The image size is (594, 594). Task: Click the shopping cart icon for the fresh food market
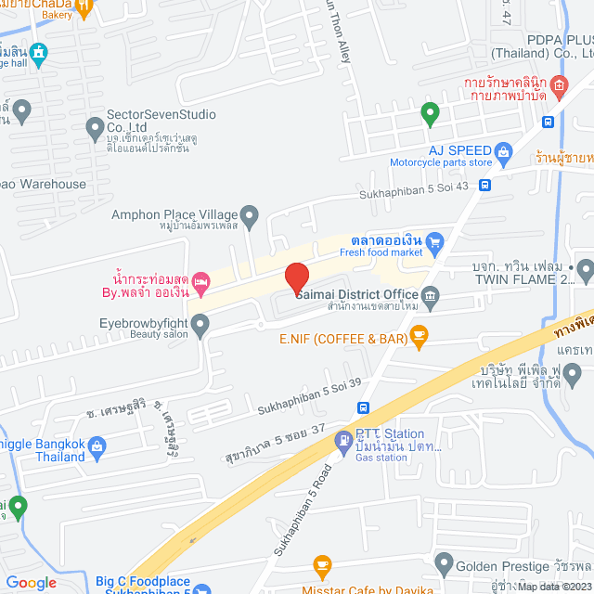click(x=435, y=243)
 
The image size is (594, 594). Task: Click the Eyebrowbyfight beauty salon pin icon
click(x=200, y=324)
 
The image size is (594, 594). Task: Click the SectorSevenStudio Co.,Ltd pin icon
click(x=94, y=124)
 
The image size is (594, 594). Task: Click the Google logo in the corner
click(x=31, y=582)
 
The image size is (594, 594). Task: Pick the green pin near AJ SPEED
click(x=429, y=115)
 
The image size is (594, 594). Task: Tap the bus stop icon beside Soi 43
click(x=485, y=185)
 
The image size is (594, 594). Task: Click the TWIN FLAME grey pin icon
click(x=584, y=270)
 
